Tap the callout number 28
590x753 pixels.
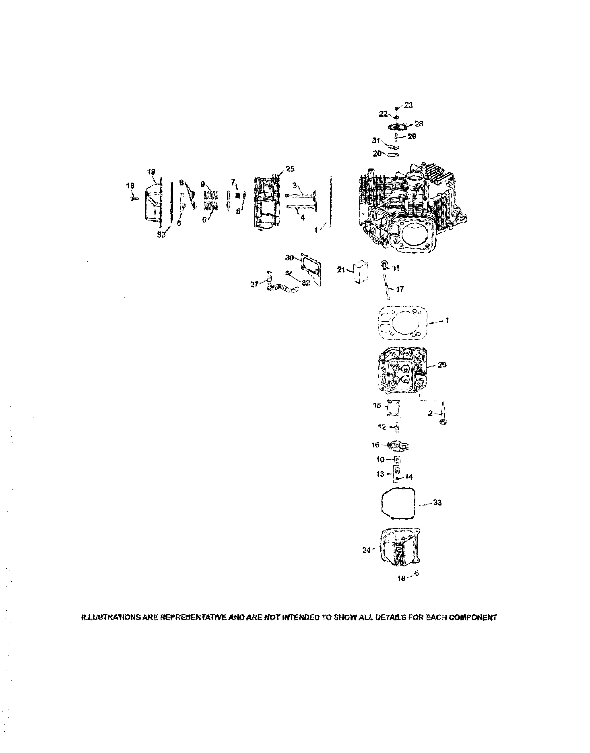(419, 124)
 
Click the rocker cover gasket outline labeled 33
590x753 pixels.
(398, 503)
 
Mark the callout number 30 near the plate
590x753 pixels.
(289, 258)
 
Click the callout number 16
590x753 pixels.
(375, 445)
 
